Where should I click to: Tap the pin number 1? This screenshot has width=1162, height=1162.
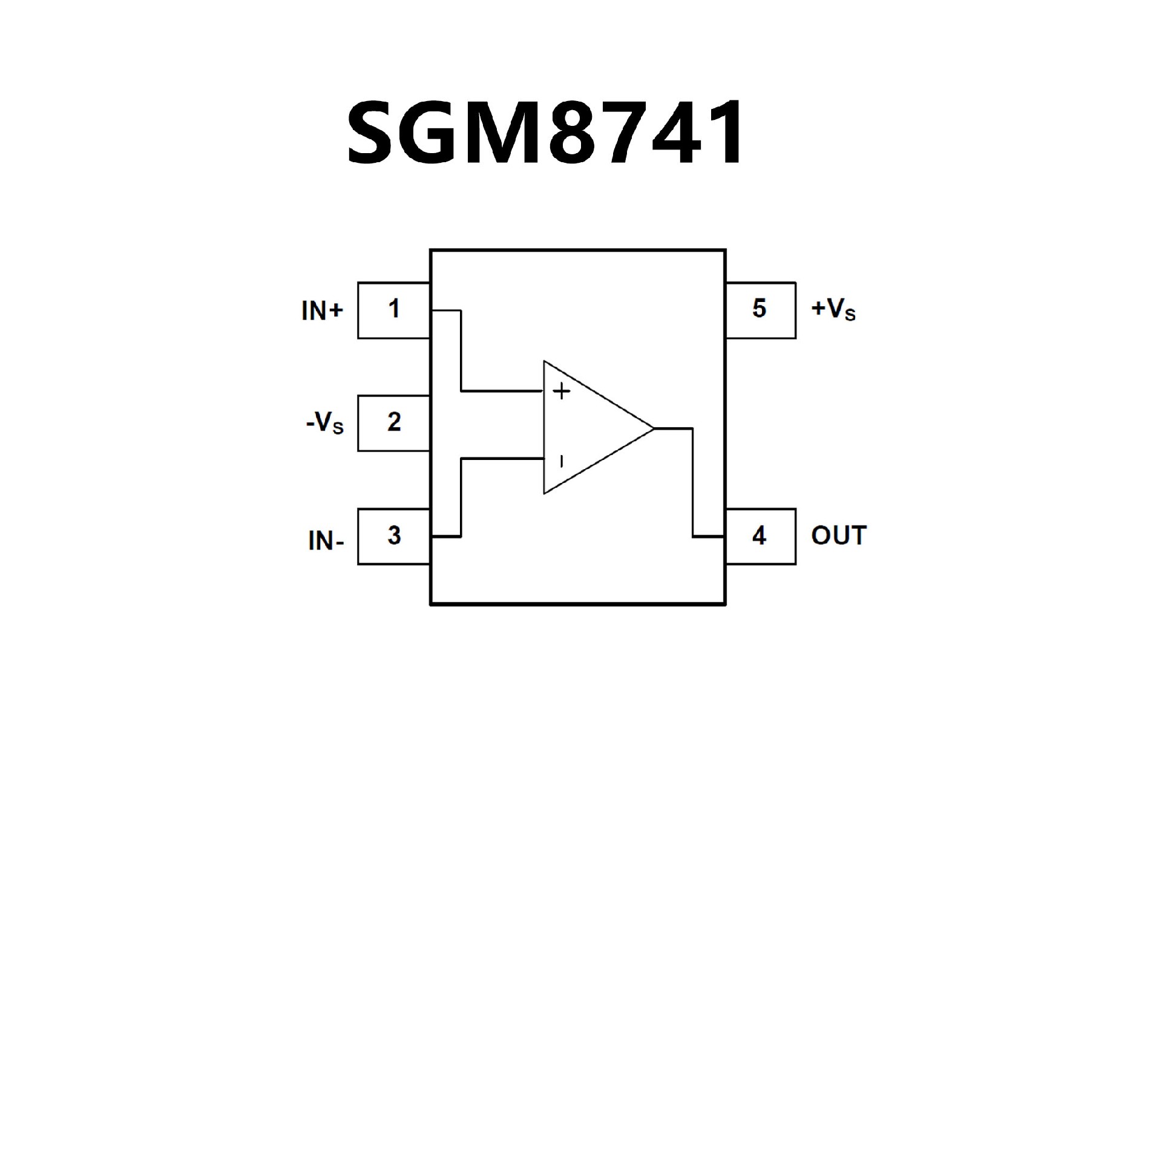[394, 309]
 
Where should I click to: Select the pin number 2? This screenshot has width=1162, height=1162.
[394, 422]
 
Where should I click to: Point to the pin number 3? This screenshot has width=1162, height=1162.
[394, 536]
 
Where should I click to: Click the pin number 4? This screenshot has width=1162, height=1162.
[759, 536]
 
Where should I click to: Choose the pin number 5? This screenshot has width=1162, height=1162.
[759, 309]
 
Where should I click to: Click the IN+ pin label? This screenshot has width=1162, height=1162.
[322, 311]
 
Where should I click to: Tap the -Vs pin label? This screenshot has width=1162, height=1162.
[325, 424]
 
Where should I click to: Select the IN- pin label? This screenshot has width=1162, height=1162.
[326, 540]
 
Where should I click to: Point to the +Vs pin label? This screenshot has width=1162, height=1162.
[833, 310]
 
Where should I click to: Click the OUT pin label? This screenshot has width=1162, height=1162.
[839, 536]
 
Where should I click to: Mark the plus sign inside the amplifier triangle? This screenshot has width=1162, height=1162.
[562, 392]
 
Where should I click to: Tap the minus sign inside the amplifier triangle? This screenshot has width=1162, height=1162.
[561, 462]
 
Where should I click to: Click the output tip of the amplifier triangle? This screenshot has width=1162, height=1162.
[654, 428]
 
